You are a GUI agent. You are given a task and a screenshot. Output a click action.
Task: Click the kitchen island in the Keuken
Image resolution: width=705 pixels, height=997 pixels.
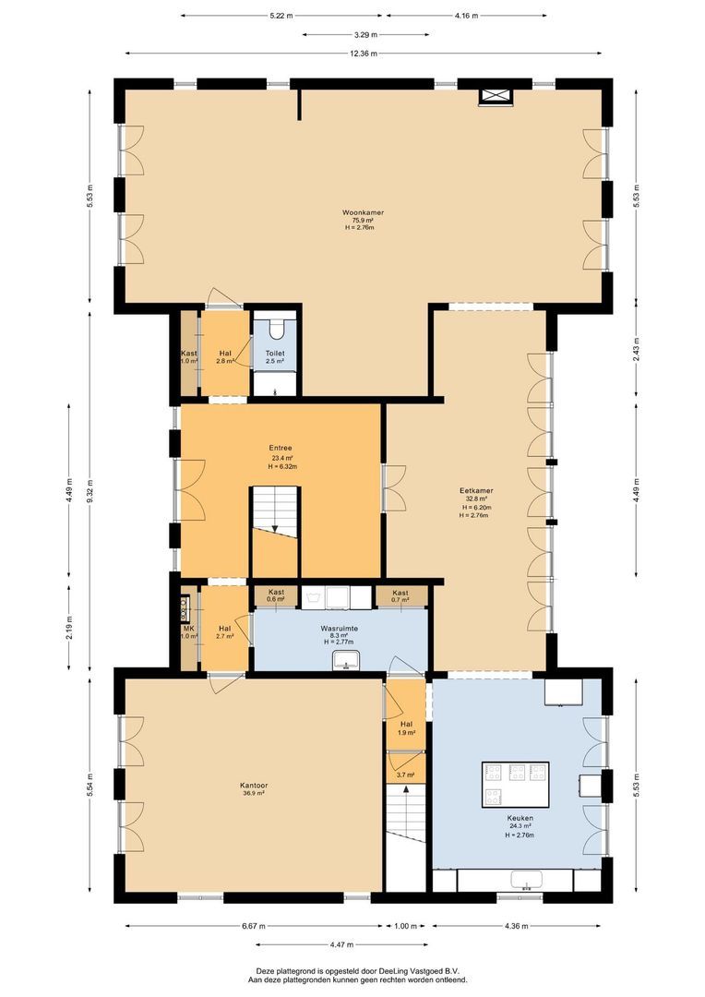tap(515, 784)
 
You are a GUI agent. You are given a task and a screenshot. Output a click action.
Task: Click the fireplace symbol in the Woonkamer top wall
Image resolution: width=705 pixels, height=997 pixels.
tap(493, 95)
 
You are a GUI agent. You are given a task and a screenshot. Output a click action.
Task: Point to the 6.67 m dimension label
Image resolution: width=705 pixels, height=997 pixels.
tap(254, 926)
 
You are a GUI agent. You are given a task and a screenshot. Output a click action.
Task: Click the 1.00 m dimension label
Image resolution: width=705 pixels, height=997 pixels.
tap(406, 926)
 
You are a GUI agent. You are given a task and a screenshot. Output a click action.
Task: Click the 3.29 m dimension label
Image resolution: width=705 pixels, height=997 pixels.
tap(365, 35)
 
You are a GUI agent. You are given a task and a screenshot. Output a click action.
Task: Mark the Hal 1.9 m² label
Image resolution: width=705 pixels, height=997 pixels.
tap(406, 727)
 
